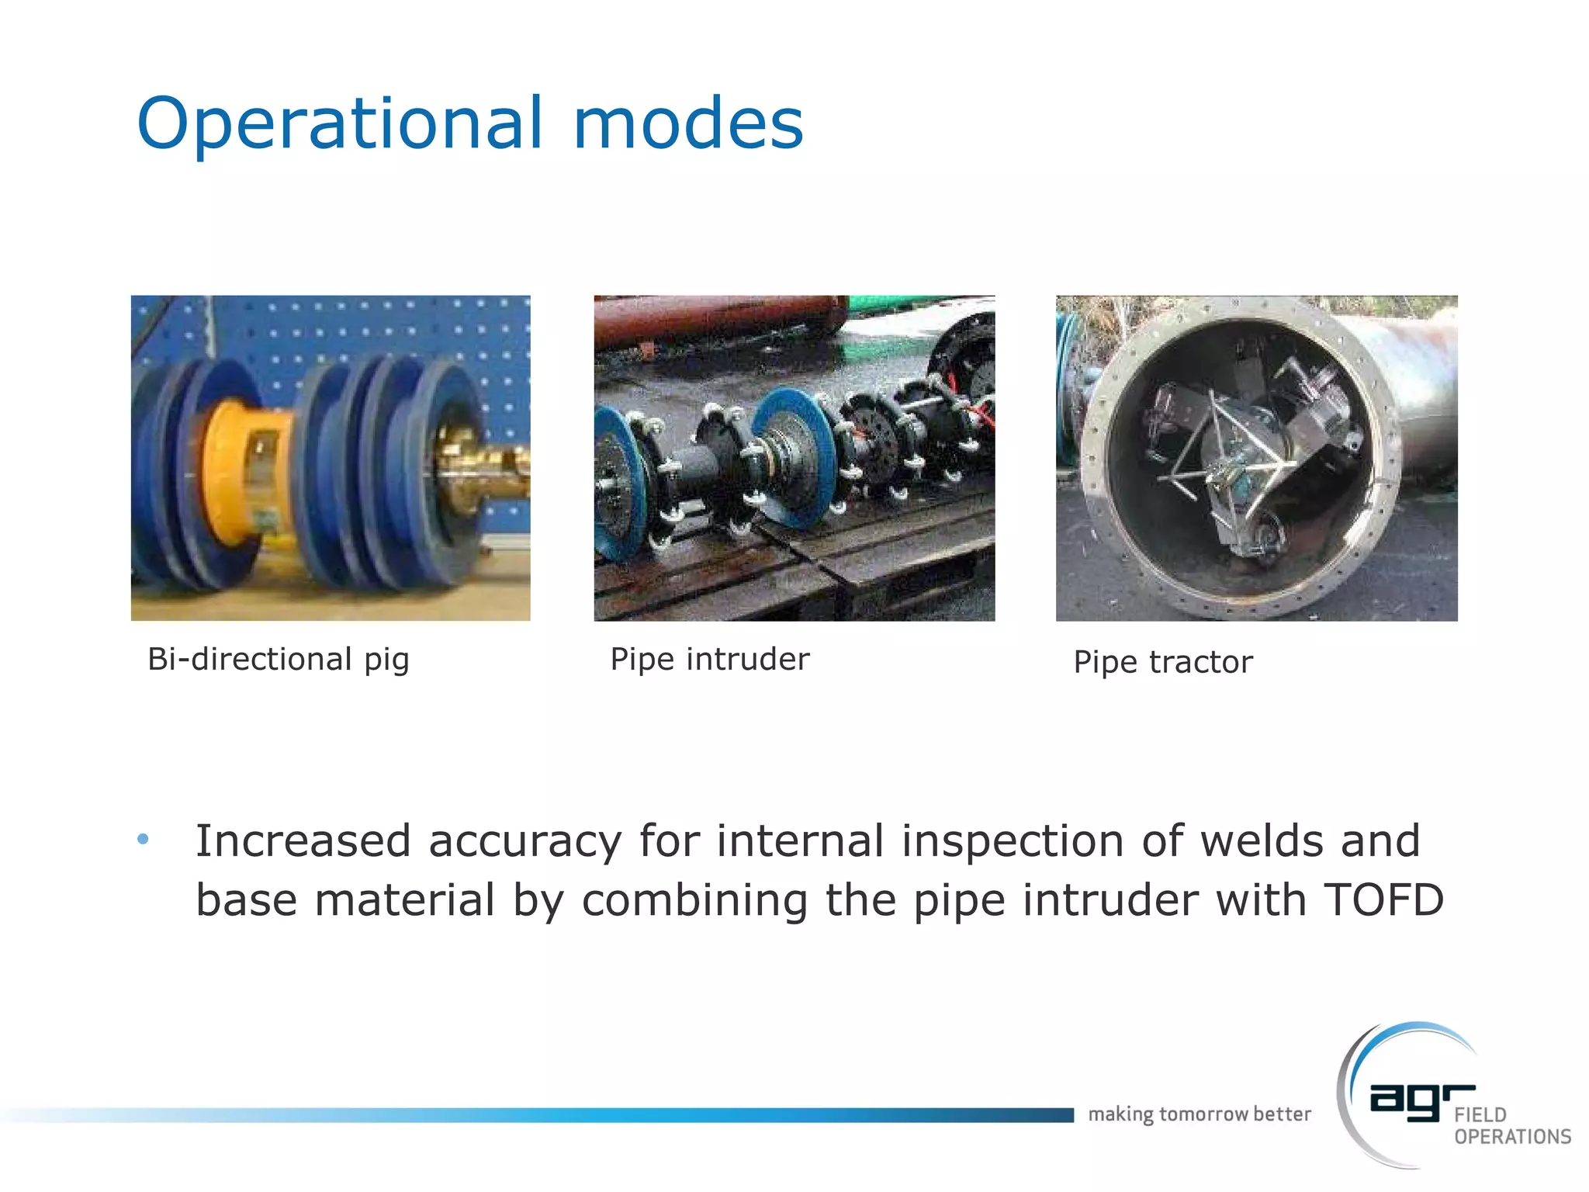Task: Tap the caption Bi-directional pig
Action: (278, 660)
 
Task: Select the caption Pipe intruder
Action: (709, 660)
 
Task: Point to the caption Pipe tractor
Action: (1162, 662)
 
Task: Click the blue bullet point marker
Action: (143, 839)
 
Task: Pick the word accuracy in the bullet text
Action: (524, 841)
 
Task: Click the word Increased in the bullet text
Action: (303, 841)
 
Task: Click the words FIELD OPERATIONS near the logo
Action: (1511, 1126)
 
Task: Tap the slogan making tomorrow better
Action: (1199, 1114)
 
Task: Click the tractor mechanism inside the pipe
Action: (1249, 458)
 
